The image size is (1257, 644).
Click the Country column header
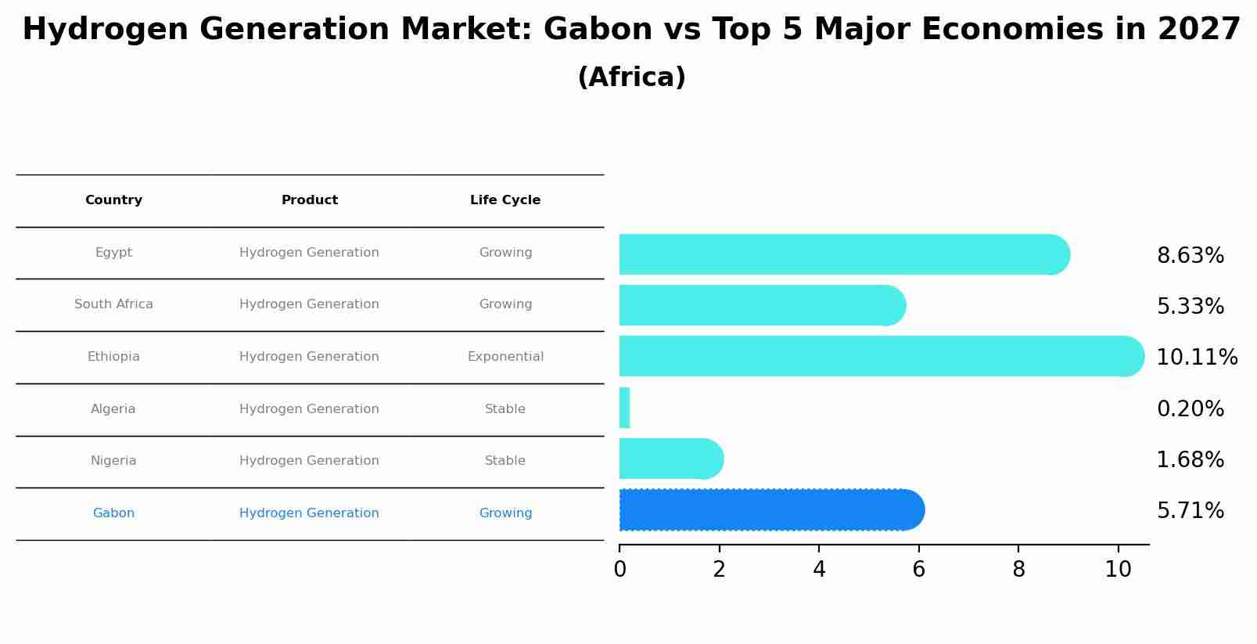(x=113, y=200)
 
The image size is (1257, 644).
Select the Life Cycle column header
(x=505, y=200)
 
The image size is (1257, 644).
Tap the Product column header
(x=310, y=200)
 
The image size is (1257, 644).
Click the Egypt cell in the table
(x=113, y=253)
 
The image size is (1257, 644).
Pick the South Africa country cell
(x=113, y=304)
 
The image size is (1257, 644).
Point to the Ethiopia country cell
(x=113, y=357)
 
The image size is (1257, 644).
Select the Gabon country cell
(x=113, y=513)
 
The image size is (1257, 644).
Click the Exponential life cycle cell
(x=505, y=357)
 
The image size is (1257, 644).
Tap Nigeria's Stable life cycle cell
(x=505, y=461)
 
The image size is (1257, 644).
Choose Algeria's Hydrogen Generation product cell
(x=309, y=409)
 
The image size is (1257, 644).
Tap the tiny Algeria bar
(x=624, y=408)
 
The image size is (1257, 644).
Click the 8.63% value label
(x=1190, y=256)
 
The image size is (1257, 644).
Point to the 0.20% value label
(x=1190, y=409)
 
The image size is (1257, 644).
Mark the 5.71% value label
(x=1190, y=511)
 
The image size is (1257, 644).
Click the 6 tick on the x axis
(x=919, y=570)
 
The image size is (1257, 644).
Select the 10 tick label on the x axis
(x=1119, y=570)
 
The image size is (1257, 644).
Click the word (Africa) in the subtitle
(x=631, y=77)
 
